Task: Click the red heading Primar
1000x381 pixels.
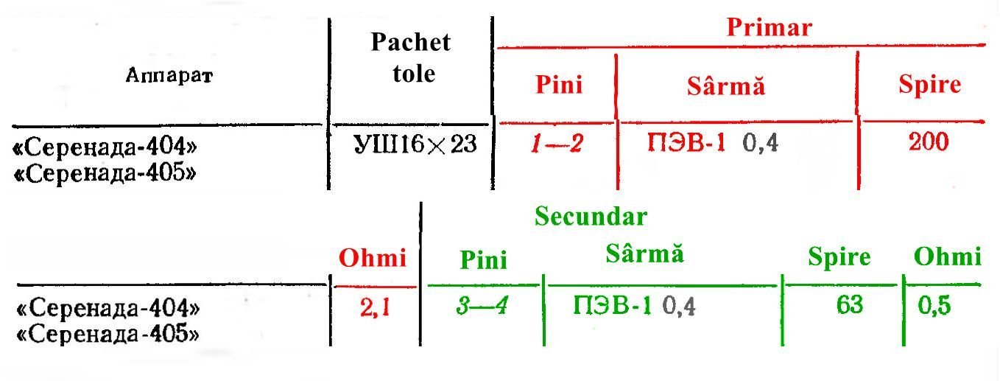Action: (x=770, y=27)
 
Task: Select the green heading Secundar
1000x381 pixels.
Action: (x=591, y=217)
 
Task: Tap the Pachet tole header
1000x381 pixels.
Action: (x=411, y=57)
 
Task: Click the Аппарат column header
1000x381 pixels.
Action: (x=169, y=75)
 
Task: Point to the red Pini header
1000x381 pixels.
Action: (x=559, y=85)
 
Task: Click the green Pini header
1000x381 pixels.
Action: (x=484, y=260)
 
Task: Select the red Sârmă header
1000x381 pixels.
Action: (x=726, y=85)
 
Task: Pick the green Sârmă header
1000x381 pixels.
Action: (x=644, y=254)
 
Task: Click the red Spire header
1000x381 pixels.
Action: (x=930, y=84)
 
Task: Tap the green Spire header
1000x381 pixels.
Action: (x=839, y=257)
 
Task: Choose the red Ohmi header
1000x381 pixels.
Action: (x=373, y=258)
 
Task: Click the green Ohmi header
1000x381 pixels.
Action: (x=947, y=257)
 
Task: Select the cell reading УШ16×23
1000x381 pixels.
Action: (x=415, y=144)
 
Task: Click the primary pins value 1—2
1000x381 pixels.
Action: (x=557, y=144)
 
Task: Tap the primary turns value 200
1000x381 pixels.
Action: (x=929, y=142)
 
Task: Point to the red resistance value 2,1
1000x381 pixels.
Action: (x=375, y=307)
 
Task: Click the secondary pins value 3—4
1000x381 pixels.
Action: (x=482, y=306)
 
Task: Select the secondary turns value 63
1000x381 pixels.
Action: (x=850, y=305)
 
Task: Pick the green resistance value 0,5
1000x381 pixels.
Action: (x=934, y=306)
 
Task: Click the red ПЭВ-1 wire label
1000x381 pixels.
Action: (x=686, y=144)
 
